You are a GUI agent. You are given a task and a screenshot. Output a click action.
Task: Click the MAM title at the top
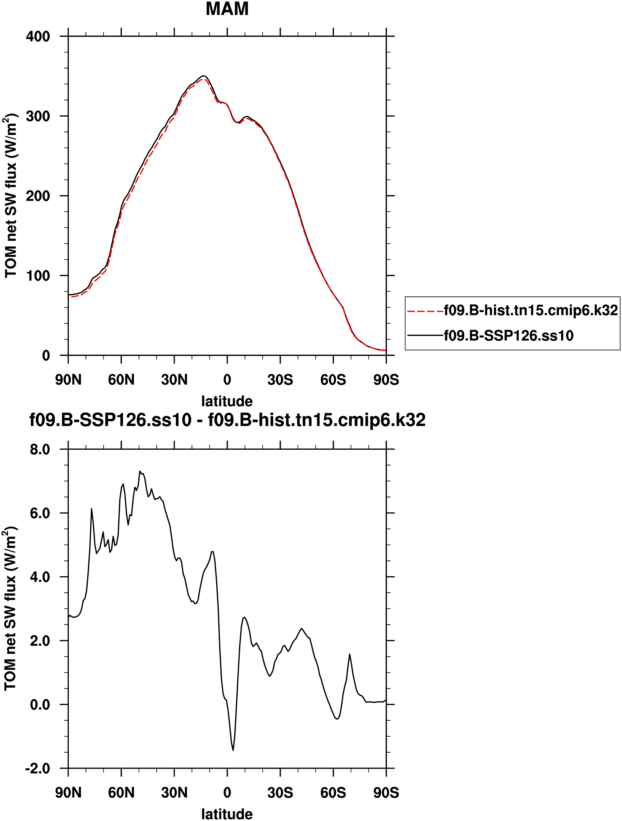coord(227,9)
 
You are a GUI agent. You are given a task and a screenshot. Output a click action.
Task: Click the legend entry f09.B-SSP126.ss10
coord(508,336)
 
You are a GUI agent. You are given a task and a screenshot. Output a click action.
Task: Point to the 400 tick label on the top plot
coord(38,36)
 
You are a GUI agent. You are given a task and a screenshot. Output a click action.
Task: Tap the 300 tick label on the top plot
coord(38,116)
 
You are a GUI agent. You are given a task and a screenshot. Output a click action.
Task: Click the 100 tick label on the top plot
coord(38,276)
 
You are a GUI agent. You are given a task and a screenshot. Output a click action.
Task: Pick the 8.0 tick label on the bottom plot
coord(40,449)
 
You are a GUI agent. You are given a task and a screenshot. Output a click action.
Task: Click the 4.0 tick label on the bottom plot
coord(40,577)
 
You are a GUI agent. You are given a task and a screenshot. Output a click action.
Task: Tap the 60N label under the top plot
coord(121,380)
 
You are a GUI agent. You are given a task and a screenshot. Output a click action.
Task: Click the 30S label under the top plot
coord(280,380)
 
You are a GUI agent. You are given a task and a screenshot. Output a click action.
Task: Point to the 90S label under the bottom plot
coord(386,793)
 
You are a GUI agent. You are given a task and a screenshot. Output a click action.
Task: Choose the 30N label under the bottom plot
coord(174,793)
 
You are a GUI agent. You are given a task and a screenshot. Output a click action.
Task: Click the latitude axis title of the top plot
coord(227,401)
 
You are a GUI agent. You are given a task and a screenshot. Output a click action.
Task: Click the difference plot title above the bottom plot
coord(227,420)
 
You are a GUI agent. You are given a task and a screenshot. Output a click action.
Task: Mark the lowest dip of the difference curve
coord(233,750)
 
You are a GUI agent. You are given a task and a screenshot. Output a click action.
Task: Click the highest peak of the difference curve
coord(140,471)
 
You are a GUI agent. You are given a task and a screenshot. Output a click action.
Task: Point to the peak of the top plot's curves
coord(204,76)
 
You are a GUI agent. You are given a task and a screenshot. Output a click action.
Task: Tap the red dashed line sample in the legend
coord(425,311)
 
